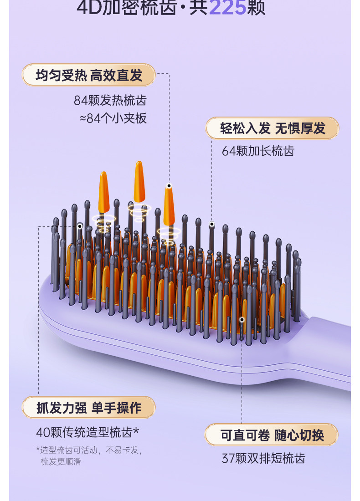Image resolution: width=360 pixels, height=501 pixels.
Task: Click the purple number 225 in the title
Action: (x=226, y=8)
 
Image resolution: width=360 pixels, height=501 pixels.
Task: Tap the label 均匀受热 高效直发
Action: (x=89, y=75)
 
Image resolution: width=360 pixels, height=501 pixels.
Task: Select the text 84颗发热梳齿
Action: (x=110, y=100)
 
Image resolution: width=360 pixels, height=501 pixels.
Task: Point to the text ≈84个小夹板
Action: (x=113, y=118)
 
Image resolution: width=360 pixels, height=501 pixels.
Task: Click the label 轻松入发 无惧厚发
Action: (x=273, y=128)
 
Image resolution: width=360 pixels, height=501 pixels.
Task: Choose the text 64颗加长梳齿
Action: (x=258, y=151)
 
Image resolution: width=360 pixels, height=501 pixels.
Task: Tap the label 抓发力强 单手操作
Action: (x=89, y=408)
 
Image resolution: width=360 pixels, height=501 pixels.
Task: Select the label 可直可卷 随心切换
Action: (x=272, y=435)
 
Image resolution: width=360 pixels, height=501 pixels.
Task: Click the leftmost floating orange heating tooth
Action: (x=104, y=191)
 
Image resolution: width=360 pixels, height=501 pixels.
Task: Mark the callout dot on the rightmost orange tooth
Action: (x=169, y=186)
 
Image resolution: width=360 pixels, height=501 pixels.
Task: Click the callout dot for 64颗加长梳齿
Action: (x=211, y=225)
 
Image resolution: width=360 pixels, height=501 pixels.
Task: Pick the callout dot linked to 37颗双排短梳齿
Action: (x=242, y=319)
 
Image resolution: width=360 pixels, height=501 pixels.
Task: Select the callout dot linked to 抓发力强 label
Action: (x=80, y=226)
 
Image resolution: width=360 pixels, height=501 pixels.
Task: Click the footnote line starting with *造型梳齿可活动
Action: (x=89, y=450)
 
